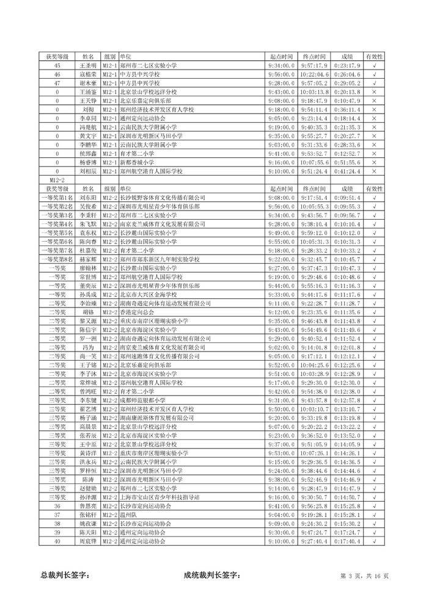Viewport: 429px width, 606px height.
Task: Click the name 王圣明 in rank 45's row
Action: pos(88,65)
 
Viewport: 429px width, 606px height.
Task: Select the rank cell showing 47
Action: pos(57,82)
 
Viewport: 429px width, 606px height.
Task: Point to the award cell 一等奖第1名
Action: pos(57,198)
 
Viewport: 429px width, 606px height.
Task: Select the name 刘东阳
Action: pos(88,198)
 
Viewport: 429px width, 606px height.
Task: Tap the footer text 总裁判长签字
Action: pos(65,575)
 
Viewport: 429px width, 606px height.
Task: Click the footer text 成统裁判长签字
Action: pos(212,575)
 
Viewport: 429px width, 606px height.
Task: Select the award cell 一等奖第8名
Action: pos(57,259)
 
